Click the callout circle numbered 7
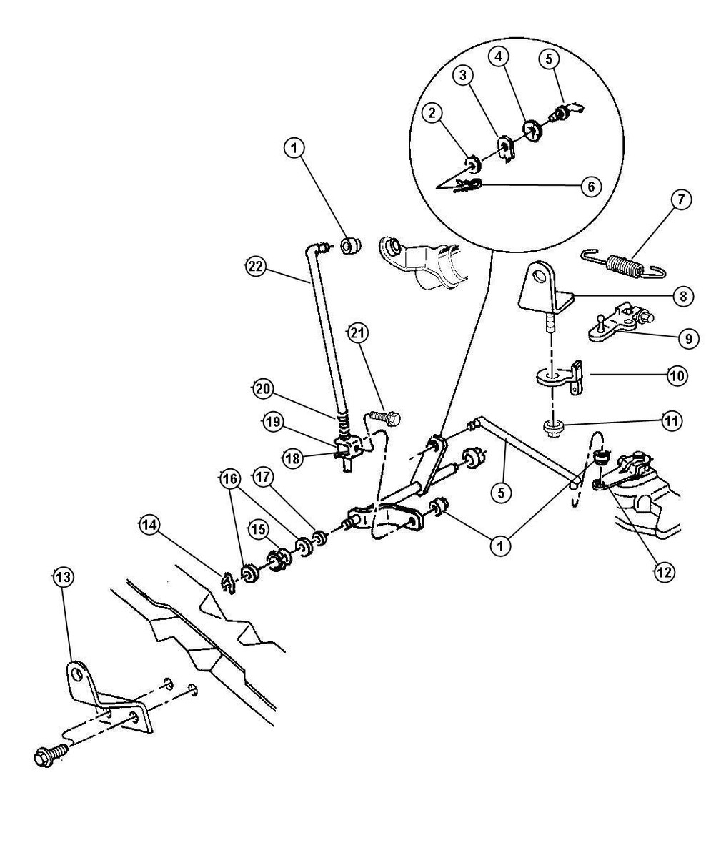pyautogui.click(x=680, y=200)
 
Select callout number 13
pyautogui.click(x=63, y=577)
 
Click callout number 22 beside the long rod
pyautogui.click(x=254, y=267)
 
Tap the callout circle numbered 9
pyautogui.click(x=687, y=338)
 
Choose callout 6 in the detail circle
pyautogui.click(x=590, y=187)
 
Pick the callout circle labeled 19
pyautogui.click(x=272, y=422)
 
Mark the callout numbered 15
pyautogui.click(x=258, y=528)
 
